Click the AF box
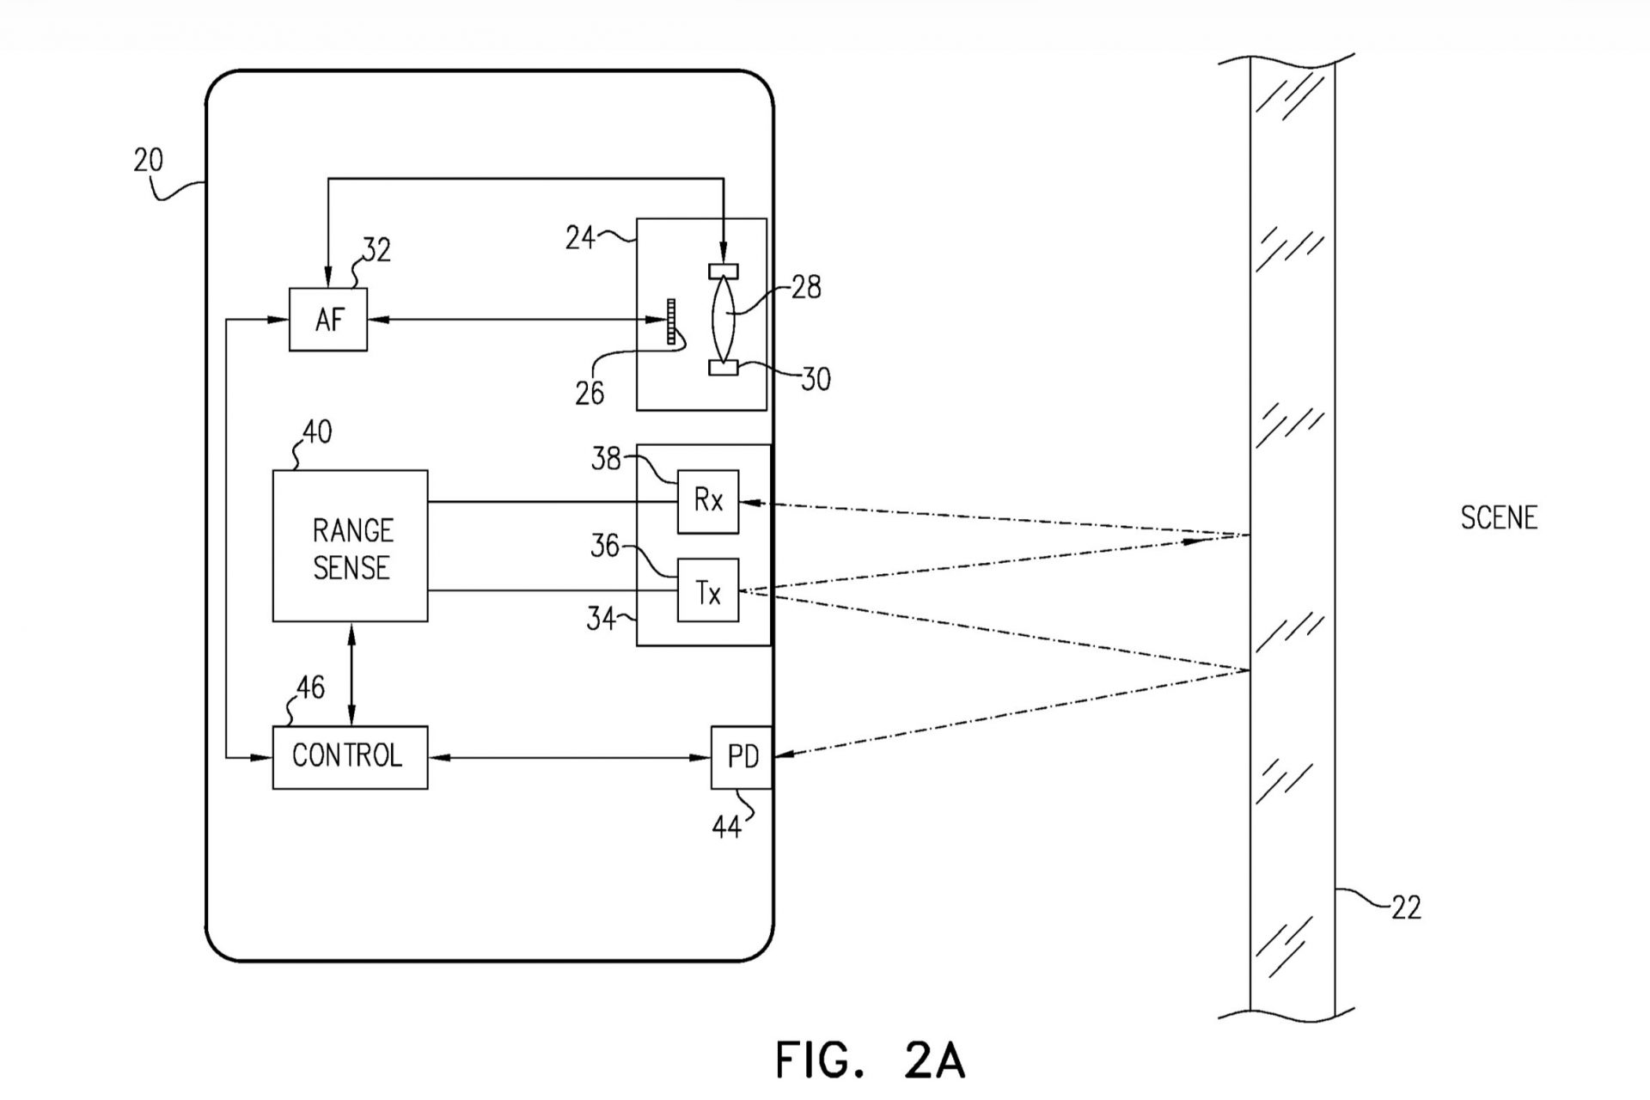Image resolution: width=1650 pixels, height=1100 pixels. tap(328, 320)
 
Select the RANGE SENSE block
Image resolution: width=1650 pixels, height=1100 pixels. tap(351, 547)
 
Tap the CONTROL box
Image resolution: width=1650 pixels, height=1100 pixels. tap(350, 757)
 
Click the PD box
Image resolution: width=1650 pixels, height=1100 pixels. tap(742, 757)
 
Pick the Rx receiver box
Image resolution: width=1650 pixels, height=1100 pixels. tap(708, 501)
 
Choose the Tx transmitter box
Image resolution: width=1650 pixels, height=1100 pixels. tap(708, 591)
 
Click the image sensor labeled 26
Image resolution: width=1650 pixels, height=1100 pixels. tap(671, 321)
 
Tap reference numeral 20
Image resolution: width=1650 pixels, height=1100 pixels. tap(148, 161)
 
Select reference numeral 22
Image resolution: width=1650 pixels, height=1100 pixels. tap(1406, 907)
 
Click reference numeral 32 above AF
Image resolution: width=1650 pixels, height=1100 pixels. tap(376, 250)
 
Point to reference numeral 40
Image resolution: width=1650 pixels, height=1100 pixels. tap(316, 431)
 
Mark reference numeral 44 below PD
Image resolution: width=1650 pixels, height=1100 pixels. tap(726, 828)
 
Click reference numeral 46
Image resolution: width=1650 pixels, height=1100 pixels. tap(310, 687)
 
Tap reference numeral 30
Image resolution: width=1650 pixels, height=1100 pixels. tap(816, 379)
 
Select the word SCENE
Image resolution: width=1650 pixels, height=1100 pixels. tap(1499, 517)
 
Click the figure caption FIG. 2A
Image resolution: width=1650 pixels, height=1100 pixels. tap(870, 1060)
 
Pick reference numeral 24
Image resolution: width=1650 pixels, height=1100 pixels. tap(580, 237)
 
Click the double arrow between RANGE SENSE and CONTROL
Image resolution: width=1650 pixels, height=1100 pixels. tap(351, 674)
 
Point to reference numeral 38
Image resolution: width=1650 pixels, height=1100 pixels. tap(605, 459)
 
